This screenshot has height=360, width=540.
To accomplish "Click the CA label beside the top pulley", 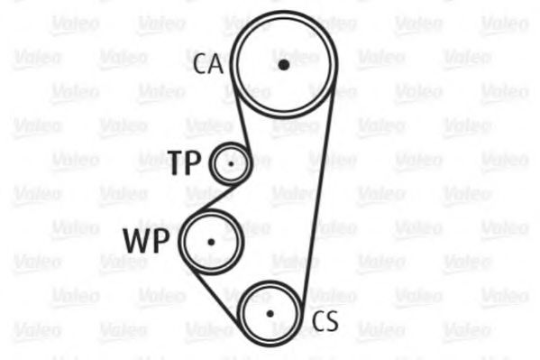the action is (x=208, y=64).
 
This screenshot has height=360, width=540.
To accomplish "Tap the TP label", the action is (x=185, y=162).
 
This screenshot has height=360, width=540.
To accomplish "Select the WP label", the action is (x=146, y=241).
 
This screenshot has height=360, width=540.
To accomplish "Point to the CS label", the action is (x=325, y=321).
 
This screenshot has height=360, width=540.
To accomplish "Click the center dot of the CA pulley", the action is (x=284, y=65).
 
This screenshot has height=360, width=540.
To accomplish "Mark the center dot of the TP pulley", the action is (x=231, y=164).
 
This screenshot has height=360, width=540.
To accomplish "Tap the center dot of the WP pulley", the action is (x=211, y=242).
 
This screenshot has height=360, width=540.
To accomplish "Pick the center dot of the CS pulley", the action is (x=270, y=313).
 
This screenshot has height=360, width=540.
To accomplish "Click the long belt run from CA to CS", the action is (x=318, y=193).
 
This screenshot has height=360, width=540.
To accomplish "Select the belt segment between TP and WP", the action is (x=215, y=198).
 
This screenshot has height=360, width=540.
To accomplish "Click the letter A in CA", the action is (x=216, y=64).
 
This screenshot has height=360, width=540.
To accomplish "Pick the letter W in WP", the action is (x=137, y=241).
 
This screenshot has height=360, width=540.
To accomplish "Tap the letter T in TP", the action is (x=177, y=162).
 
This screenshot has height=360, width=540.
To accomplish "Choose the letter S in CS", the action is (x=332, y=321).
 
